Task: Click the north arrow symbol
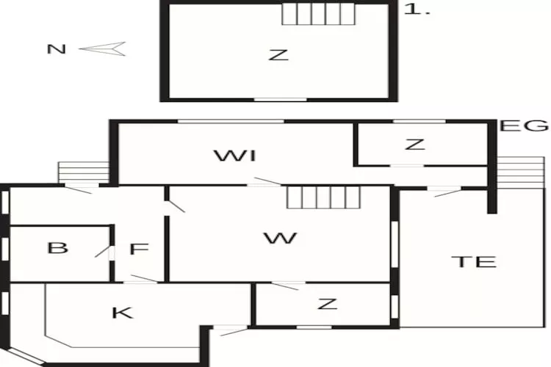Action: coord(102,49)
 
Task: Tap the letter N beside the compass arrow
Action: coord(57,49)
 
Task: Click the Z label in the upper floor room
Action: coord(278,55)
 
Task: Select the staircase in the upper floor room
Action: coord(318,15)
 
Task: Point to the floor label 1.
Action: coord(417,9)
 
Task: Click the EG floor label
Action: coord(524,126)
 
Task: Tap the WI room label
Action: coord(235,156)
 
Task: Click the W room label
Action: coord(281,238)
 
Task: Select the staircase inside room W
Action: coord(324,197)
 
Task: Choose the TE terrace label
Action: coord(474,262)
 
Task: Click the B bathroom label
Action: coord(57,248)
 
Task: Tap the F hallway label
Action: coord(140,249)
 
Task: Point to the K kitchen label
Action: coord(123,313)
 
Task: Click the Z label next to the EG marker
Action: coord(415,145)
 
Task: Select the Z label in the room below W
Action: coord(327,304)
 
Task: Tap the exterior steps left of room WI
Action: coord(84,172)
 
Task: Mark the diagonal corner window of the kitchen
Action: coord(25,355)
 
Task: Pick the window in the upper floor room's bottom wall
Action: coord(280,100)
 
